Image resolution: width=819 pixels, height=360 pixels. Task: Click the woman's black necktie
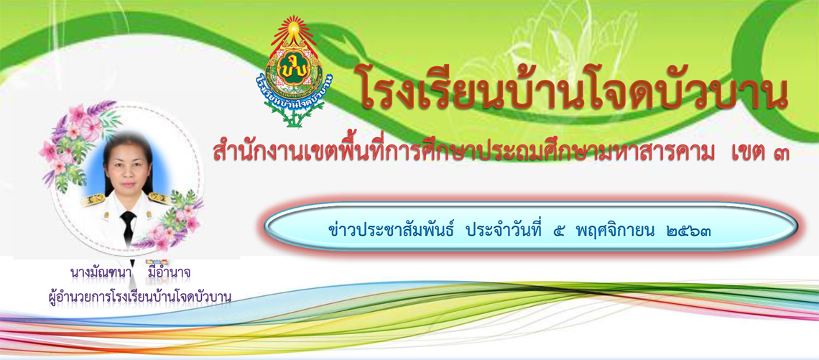pos(127,225)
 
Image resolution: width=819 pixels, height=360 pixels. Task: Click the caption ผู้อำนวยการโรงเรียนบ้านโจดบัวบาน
pos(139,297)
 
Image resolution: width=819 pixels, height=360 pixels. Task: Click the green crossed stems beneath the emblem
pos(295,115)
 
